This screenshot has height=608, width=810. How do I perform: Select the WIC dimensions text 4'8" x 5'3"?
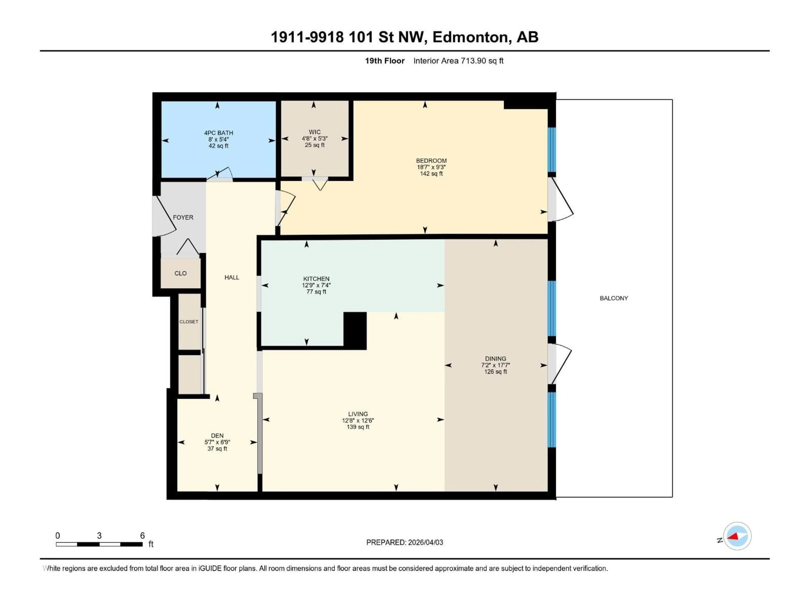(x=315, y=138)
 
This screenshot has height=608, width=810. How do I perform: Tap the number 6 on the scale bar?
(x=142, y=535)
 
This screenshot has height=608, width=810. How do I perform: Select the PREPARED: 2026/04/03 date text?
(x=404, y=542)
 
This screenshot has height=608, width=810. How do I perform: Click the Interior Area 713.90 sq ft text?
(x=458, y=61)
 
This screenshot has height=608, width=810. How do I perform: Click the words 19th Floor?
(x=385, y=61)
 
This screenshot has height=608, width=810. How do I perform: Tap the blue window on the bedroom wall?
(x=551, y=149)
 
